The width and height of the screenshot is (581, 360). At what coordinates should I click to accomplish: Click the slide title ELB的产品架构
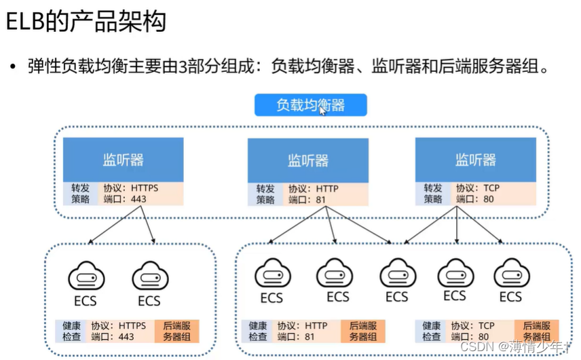pyautogui.click(x=86, y=22)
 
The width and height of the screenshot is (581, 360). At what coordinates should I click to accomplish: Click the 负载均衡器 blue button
pyautogui.click(x=310, y=105)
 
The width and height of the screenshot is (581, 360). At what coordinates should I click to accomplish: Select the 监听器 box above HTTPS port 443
pyautogui.click(x=123, y=160)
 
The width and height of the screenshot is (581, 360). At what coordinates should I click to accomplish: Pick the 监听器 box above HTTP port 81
pyautogui.click(x=307, y=160)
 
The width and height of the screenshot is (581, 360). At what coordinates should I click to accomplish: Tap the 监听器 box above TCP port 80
pyautogui.click(x=475, y=160)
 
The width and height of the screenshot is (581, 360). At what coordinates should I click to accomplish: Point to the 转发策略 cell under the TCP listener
pyautogui.click(x=433, y=194)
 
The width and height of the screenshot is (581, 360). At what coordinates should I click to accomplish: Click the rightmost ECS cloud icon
pyautogui.click(x=510, y=274)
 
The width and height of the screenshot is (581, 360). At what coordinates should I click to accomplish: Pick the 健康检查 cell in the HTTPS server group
pyautogui.click(x=71, y=331)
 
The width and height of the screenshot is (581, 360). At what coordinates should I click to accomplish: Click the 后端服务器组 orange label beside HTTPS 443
pyautogui.click(x=176, y=331)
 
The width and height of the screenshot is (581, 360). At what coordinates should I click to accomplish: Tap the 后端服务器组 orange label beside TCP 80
pyautogui.click(x=536, y=331)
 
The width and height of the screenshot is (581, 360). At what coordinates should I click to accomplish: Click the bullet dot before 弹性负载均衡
pyautogui.click(x=12, y=67)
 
